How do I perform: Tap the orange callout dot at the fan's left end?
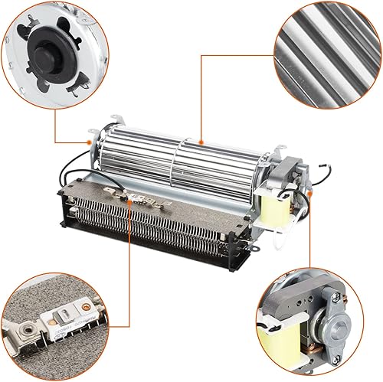point(91,142)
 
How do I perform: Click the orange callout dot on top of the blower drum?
point(198,141)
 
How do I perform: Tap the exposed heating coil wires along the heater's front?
point(153,229)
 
